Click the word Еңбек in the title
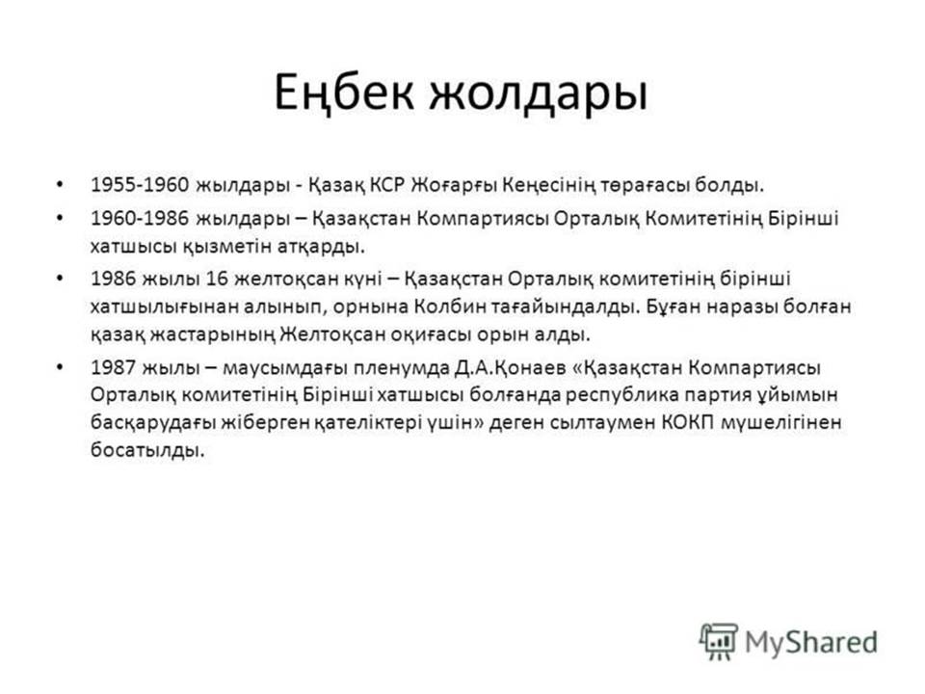[x=345, y=93]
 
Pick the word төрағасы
[x=645, y=186]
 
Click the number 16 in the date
[x=217, y=279]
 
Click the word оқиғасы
[x=431, y=335]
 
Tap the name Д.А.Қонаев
[x=511, y=367]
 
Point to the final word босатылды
[x=147, y=451]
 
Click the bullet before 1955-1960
[x=59, y=184]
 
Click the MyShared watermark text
[x=811, y=643]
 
